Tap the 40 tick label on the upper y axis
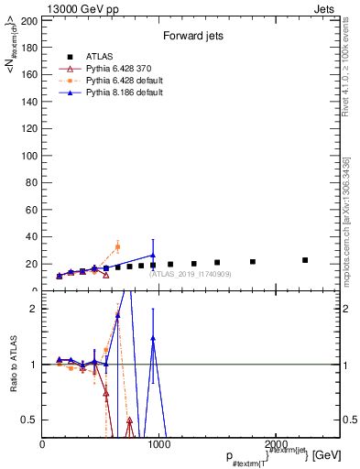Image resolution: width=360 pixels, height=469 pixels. tap(32, 237)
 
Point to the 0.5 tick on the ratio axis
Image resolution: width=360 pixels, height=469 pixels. tap(32, 420)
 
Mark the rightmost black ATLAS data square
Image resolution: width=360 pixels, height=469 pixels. tap(305, 260)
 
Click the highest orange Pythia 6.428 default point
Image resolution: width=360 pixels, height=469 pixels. tap(117, 246)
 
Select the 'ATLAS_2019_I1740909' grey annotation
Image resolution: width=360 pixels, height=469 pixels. tap(191, 274)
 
